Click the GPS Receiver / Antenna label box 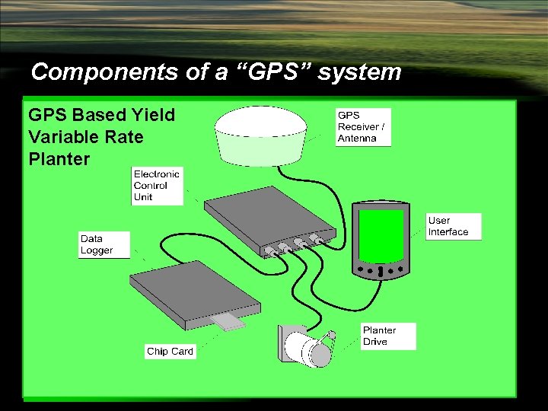(x=363, y=127)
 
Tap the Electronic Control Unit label (x=157, y=186)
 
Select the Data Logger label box (x=104, y=244)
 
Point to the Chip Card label (x=170, y=352)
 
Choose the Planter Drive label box (x=388, y=336)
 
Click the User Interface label (x=454, y=227)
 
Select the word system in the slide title (x=359, y=72)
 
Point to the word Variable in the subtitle (x=62, y=137)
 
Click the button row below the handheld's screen (x=381, y=269)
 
